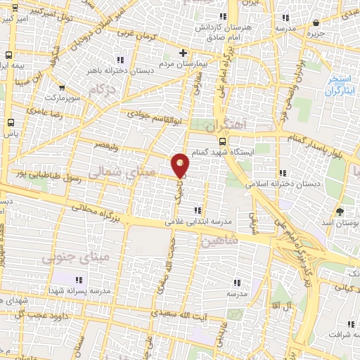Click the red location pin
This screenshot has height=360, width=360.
click(x=181, y=165)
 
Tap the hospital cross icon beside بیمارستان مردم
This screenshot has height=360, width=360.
click(x=183, y=52)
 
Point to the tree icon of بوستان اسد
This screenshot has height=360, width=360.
click(x=341, y=210)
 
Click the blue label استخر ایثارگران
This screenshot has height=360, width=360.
click(x=340, y=86)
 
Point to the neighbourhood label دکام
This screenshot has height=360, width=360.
click(x=103, y=89)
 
